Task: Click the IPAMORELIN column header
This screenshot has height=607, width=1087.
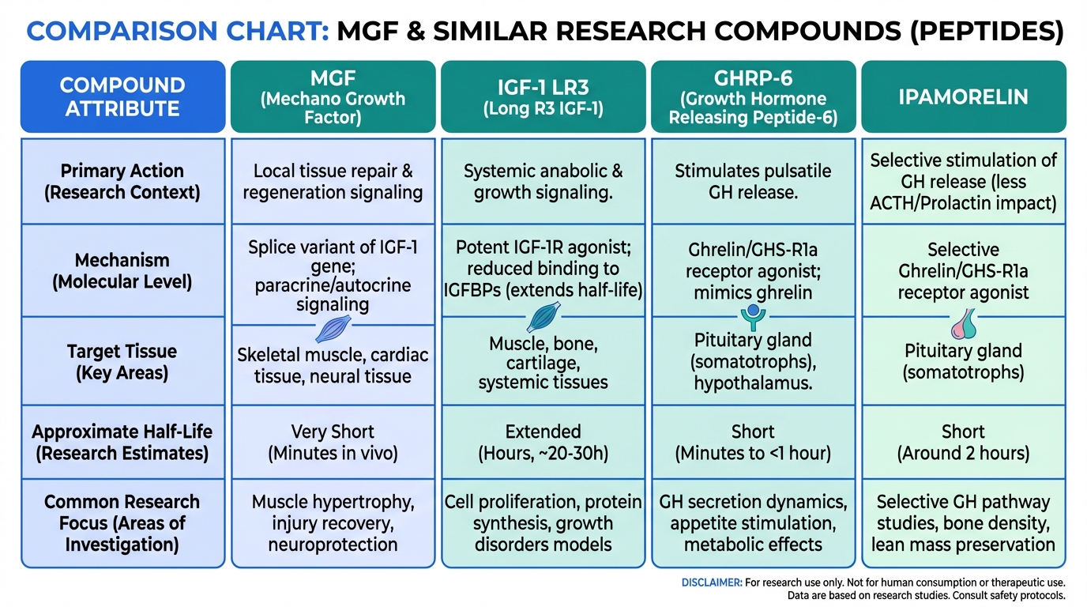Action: pyautogui.click(x=963, y=97)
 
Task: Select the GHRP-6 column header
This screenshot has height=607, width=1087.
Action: pyautogui.click(x=753, y=97)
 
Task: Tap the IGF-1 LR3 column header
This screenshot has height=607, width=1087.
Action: pyautogui.click(x=543, y=97)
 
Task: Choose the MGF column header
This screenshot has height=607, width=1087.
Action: pyautogui.click(x=333, y=97)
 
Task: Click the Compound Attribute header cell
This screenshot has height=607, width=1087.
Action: pyautogui.click(x=122, y=96)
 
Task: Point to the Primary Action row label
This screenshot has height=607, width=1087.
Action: pyautogui.click(x=122, y=181)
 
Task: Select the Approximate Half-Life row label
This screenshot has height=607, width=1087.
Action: pyautogui.click(x=122, y=443)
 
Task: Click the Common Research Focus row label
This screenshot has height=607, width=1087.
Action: pyautogui.click(x=122, y=522)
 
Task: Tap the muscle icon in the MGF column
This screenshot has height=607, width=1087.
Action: pyautogui.click(x=332, y=328)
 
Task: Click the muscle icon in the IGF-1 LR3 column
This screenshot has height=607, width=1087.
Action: pyautogui.click(x=543, y=318)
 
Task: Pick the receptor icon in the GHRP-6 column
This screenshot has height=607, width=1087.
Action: pyautogui.click(x=752, y=318)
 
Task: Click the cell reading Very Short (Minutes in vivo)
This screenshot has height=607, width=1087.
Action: pyautogui.click(x=333, y=443)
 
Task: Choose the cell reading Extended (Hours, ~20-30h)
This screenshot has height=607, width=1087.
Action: pyautogui.click(x=543, y=443)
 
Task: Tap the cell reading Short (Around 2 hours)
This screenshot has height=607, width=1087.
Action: pyautogui.click(x=963, y=443)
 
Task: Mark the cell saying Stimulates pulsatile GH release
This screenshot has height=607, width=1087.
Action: pyautogui.click(x=753, y=181)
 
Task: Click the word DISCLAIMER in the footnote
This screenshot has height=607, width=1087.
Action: pyautogui.click(x=711, y=582)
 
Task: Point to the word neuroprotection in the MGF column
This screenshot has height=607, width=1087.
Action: pyautogui.click(x=333, y=545)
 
